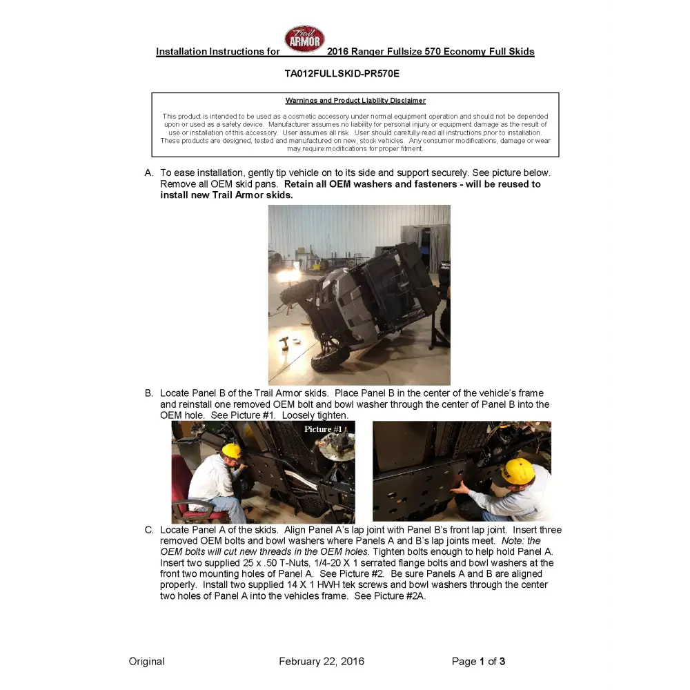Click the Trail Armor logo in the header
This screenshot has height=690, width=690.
(x=304, y=40)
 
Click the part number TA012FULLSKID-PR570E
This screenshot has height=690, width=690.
(x=342, y=73)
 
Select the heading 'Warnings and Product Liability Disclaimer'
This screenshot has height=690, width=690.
(x=355, y=101)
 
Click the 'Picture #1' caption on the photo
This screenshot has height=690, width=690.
(x=323, y=429)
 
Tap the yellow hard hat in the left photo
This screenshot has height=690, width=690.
(x=232, y=451)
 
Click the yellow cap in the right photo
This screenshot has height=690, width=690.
(x=516, y=471)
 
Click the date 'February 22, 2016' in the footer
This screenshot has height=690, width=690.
(x=322, y=661)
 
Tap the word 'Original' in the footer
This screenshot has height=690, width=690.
(x=146, y=661)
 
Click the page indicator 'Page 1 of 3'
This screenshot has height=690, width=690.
(x=478, y=661)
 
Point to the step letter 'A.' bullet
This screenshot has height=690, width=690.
(x=149, y=172)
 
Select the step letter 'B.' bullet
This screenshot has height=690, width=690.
(x=149, y=393)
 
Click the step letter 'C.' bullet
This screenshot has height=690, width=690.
(x=149, y=530)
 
